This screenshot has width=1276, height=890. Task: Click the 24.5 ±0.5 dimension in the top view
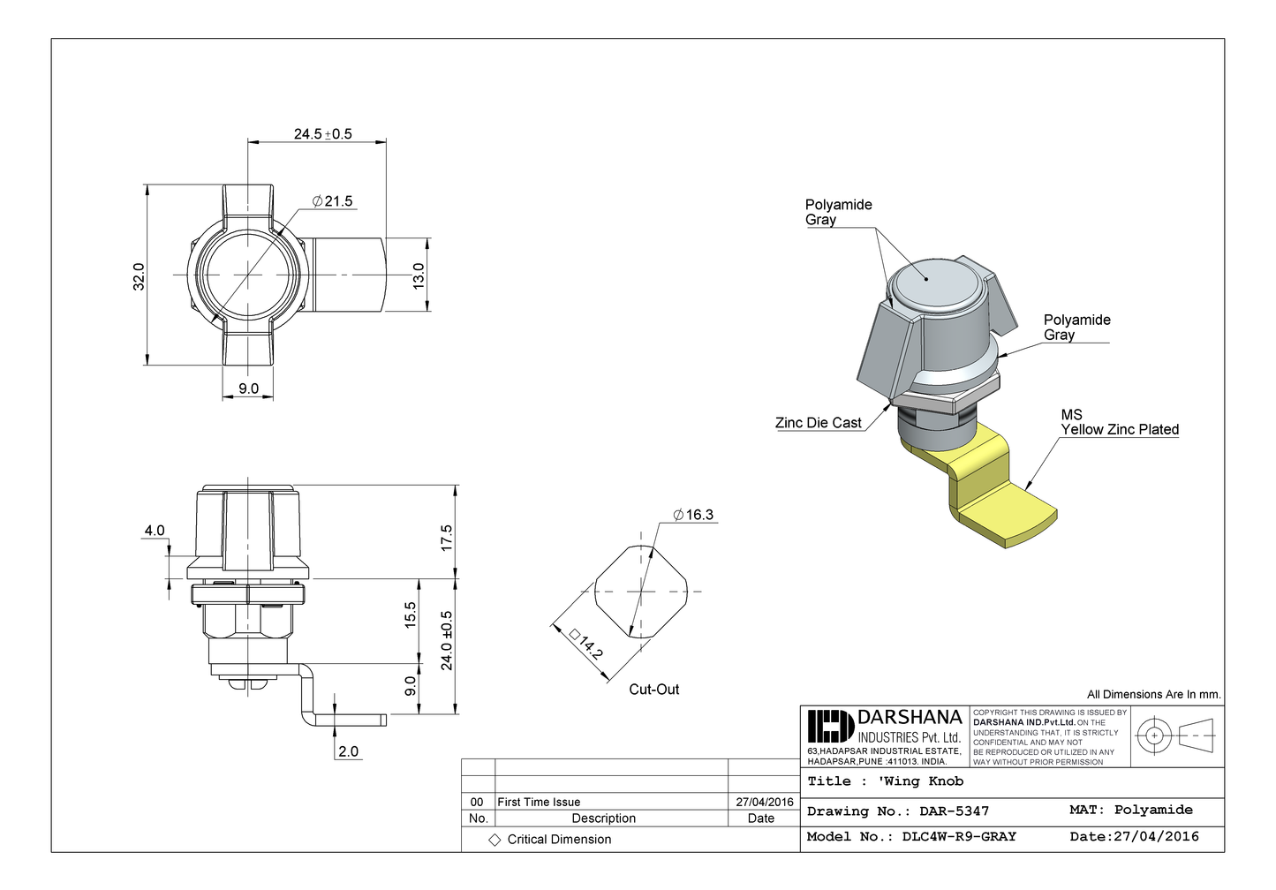pos(322,134)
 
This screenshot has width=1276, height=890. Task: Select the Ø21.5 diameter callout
pos(332,201)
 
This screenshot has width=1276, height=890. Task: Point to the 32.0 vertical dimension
pos(139,275)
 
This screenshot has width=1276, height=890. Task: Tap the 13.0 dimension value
pos(419,275)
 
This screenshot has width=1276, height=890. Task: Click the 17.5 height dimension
pos(446,538)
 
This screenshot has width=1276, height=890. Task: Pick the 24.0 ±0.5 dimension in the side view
pos(446,640)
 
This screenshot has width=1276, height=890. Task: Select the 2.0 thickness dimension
pos(348,751)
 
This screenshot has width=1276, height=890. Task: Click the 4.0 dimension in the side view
pos(155,531)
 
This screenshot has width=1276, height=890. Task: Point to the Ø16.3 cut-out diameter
pos(693,515)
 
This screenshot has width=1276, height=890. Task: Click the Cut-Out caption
pos(653,690)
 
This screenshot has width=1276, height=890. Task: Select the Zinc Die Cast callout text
pos(818,423)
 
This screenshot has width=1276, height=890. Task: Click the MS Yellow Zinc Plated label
pos(1119,422)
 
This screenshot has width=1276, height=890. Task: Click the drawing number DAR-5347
pos(954,811)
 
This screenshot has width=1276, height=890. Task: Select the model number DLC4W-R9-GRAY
pos(959,837)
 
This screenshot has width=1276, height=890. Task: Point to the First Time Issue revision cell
pos(539,803)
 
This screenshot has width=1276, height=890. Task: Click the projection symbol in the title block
pos(1174,735)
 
